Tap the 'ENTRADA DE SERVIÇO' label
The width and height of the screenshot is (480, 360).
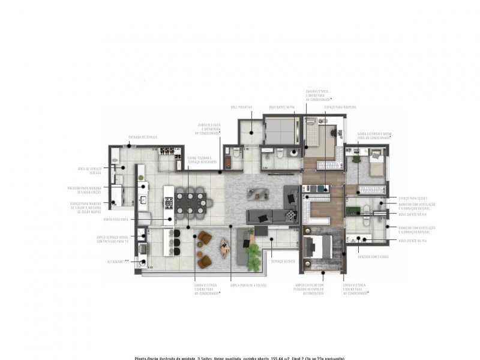coord(142,137)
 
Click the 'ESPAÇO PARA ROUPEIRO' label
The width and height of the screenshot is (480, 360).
coord(341,107)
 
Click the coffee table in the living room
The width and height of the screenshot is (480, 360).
coord(259,193)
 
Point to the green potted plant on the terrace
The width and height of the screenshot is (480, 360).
coord(262,232)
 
